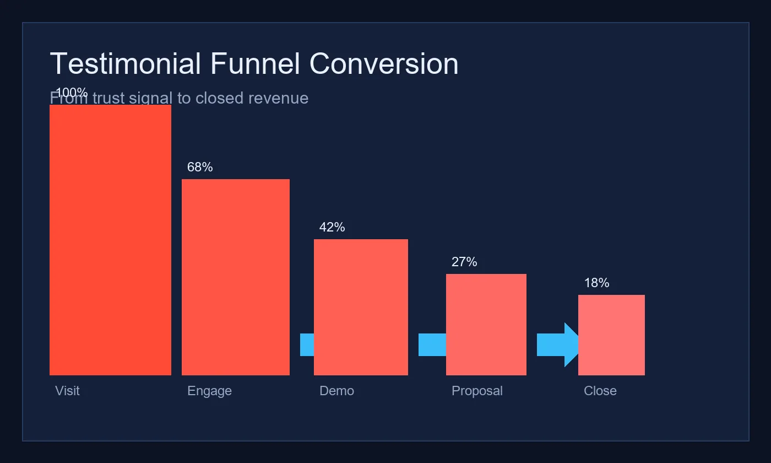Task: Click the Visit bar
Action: coord(110,240)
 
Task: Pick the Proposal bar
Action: coord(486,325)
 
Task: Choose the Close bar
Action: coord(611,335)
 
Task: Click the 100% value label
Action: coord(72,93)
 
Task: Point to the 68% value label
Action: coord(200,167)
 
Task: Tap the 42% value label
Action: coord(332,227)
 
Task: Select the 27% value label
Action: coord(464,262)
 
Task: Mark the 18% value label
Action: coord(596,283)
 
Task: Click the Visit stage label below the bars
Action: coord(67,391)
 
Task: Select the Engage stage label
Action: coord(209,391)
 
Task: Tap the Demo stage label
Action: coord(336,391)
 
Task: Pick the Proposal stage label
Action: coord(477,391)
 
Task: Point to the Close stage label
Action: coord(600,391)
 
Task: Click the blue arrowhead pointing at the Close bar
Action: coord(571,344)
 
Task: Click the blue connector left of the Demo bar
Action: coord(307,344)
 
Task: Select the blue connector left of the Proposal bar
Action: coord(432,344)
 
